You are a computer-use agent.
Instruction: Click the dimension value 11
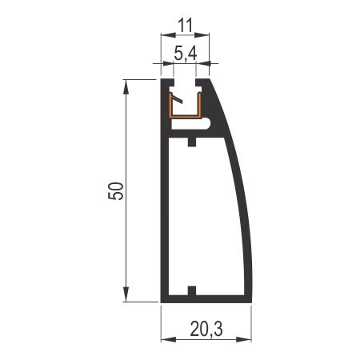coord(185,26)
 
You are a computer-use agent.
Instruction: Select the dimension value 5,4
coord(186,53)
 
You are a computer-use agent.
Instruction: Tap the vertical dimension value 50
coord(116,191)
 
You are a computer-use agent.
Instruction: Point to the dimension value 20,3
coord(206,329)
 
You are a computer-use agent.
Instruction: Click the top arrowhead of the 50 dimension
coord(126,87)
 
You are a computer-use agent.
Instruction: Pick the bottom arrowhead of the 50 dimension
coord(126,294)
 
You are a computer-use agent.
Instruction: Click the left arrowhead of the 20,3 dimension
coord(169,339)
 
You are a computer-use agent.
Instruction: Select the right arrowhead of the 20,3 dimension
coord(244,339)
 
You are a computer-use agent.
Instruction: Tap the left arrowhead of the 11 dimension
coord(168,35)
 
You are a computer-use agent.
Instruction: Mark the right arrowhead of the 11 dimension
coord(202,35)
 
